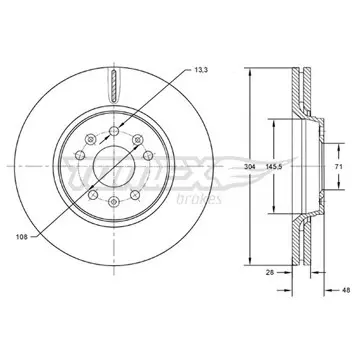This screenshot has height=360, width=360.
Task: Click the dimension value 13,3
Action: [x=201, y=70]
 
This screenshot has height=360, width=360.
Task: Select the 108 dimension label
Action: [x=21, y=237]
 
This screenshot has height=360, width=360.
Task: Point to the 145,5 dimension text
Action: [x=274, y=167]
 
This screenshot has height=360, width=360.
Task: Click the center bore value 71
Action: [x=338, y=167]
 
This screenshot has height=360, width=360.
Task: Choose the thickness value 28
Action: [x=270, y=272]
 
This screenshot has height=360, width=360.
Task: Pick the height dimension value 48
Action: [x=346, y=290]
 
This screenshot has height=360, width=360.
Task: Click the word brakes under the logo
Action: [x=199, y=199]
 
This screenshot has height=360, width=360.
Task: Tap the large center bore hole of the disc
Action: [x=114, y=166]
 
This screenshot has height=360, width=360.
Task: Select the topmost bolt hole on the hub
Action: [x=114, y=131]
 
